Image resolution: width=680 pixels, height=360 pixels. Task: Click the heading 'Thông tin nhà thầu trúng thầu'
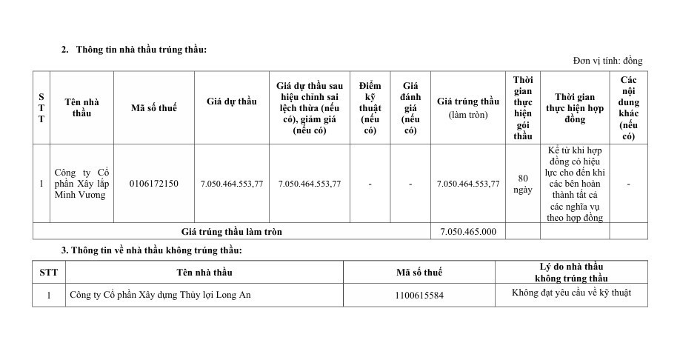tap(141, 50)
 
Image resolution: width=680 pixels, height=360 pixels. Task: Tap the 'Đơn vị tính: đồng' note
tap(607, 61)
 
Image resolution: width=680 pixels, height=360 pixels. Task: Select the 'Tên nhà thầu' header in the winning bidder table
tap(81, 107)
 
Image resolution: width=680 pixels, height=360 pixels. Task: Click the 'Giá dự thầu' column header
tap(231, 101)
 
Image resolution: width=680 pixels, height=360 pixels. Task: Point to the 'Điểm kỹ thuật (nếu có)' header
tap(370, 108)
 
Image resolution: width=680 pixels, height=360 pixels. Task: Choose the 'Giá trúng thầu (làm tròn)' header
tap(468, 108)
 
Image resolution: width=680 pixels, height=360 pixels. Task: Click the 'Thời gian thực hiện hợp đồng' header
tap(575, 108)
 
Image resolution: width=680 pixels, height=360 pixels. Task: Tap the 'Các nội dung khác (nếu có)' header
tap(628, 108)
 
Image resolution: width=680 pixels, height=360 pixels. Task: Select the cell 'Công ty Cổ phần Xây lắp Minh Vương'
tap(81, 184)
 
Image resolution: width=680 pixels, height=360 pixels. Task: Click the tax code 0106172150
tap(153, 184)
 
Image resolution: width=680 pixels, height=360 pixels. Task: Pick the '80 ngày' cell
tap(523, 184)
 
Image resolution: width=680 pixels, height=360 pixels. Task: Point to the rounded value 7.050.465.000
tap(468, 232)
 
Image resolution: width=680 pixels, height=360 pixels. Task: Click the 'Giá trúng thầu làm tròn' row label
tap(231, 232)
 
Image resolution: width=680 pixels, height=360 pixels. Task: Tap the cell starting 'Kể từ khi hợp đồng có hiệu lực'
tap(575, 184)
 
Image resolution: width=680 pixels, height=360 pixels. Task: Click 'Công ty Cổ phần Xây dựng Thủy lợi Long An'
tap(160, 295)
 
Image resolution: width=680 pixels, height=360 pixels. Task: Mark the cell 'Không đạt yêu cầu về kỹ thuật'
tap(571, 293)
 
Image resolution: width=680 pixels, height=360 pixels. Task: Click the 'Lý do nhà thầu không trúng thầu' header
tap(571, 272)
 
